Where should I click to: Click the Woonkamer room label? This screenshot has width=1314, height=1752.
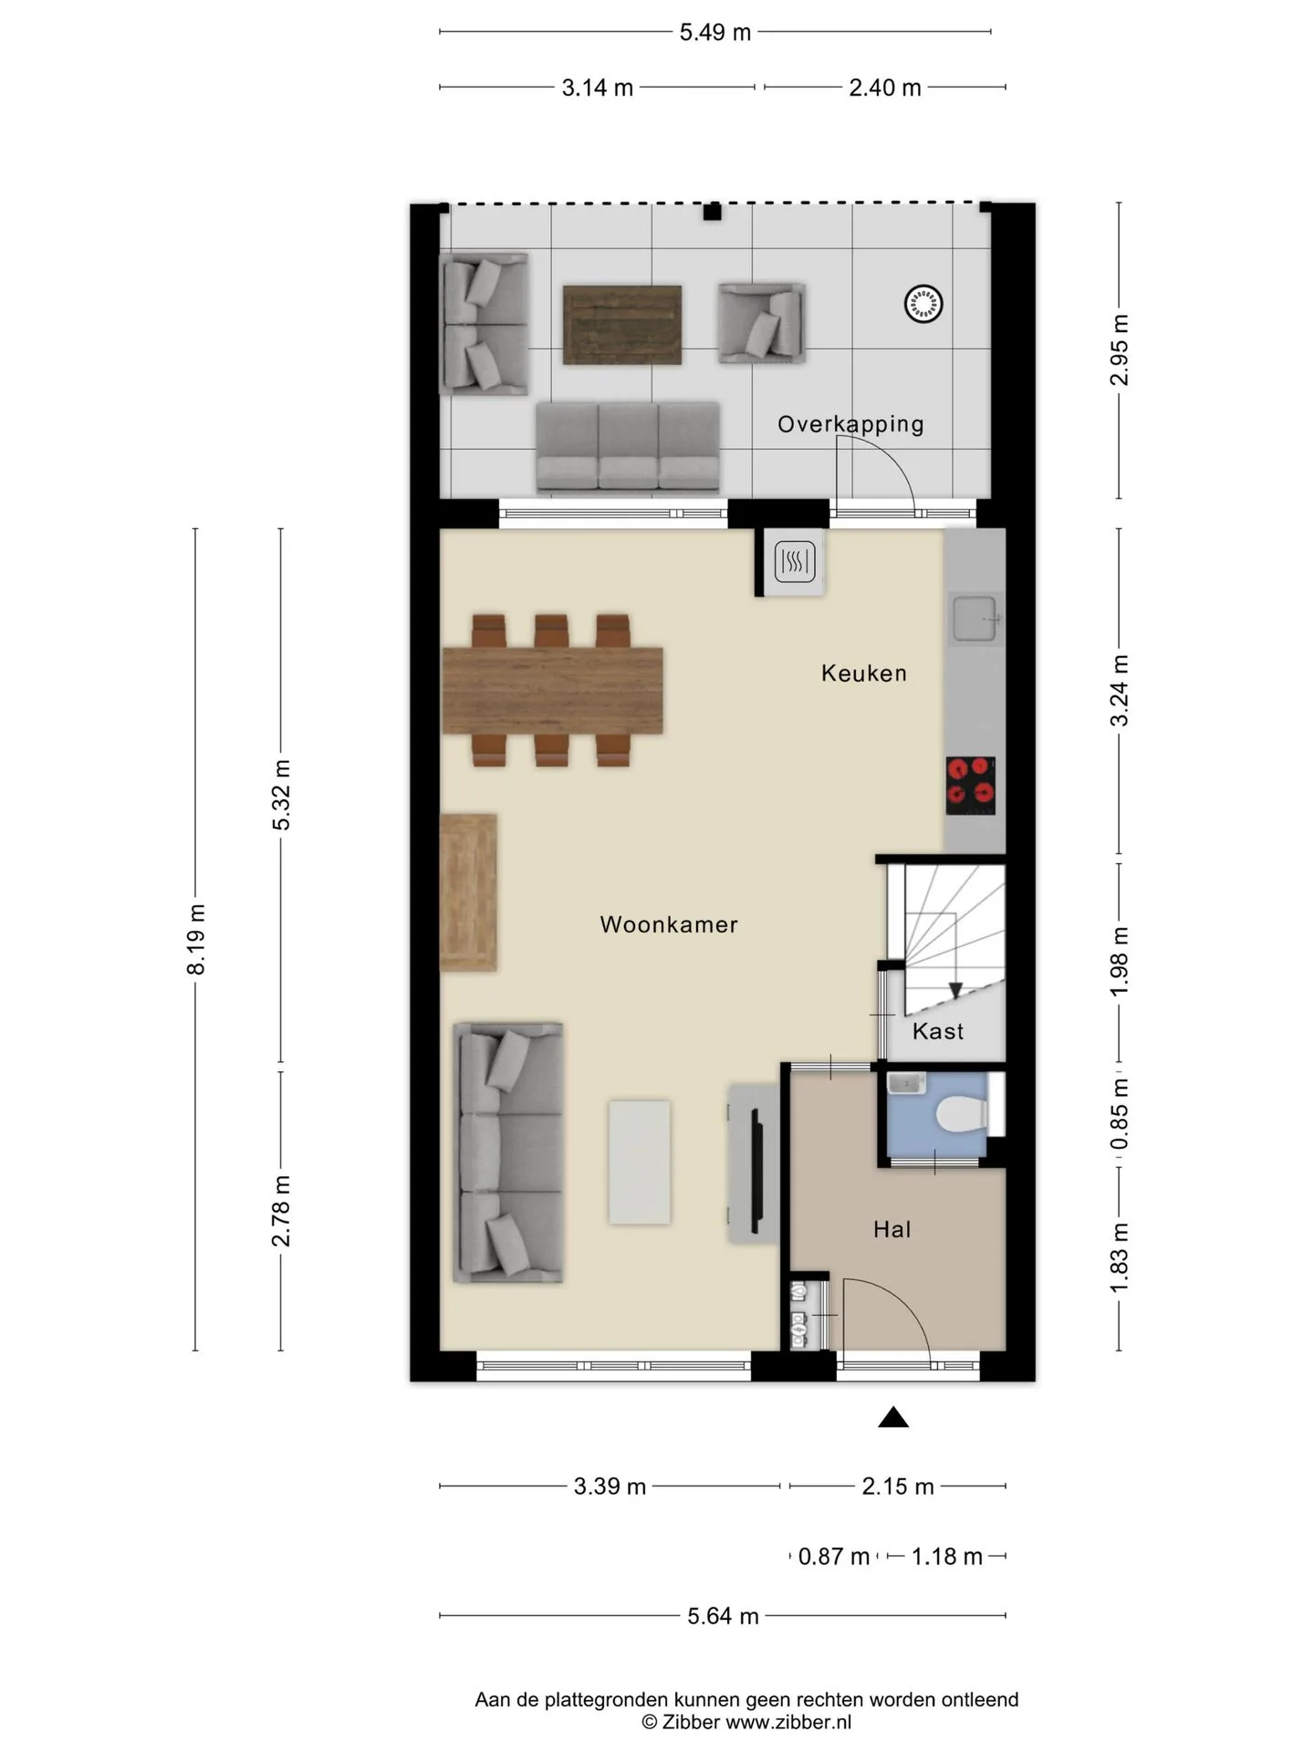tap(669, 924)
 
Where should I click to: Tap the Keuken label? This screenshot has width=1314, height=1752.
tap(864, 673)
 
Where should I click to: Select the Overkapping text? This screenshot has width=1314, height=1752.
tap(850, 424)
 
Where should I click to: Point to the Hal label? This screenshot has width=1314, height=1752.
tap(892, 1229)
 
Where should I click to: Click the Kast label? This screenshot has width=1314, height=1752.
tap(938, 1031)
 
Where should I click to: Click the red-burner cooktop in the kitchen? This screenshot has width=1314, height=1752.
tap(970, 786)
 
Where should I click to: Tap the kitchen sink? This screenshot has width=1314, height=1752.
tap(976, 619)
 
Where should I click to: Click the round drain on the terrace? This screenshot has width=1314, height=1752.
tap(923, 304)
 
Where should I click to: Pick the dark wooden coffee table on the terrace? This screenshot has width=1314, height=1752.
tap(622, 325)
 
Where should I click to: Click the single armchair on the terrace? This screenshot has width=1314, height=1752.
tap(761, 323)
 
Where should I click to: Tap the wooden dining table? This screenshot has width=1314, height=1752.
tap(553, 690)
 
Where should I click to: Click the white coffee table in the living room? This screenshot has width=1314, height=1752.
tap(640, 1162)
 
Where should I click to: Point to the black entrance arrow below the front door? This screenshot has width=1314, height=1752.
tap(893, 1417)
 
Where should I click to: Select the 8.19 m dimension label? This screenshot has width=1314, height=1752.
tap(195, 939)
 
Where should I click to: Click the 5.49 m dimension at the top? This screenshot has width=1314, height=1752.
tap(715, 33)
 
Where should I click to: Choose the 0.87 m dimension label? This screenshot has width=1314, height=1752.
tap(834, 1556)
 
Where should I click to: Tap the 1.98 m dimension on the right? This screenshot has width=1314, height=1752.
tap(1120, 961)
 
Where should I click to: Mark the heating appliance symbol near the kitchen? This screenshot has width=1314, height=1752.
tap(795, 562)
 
